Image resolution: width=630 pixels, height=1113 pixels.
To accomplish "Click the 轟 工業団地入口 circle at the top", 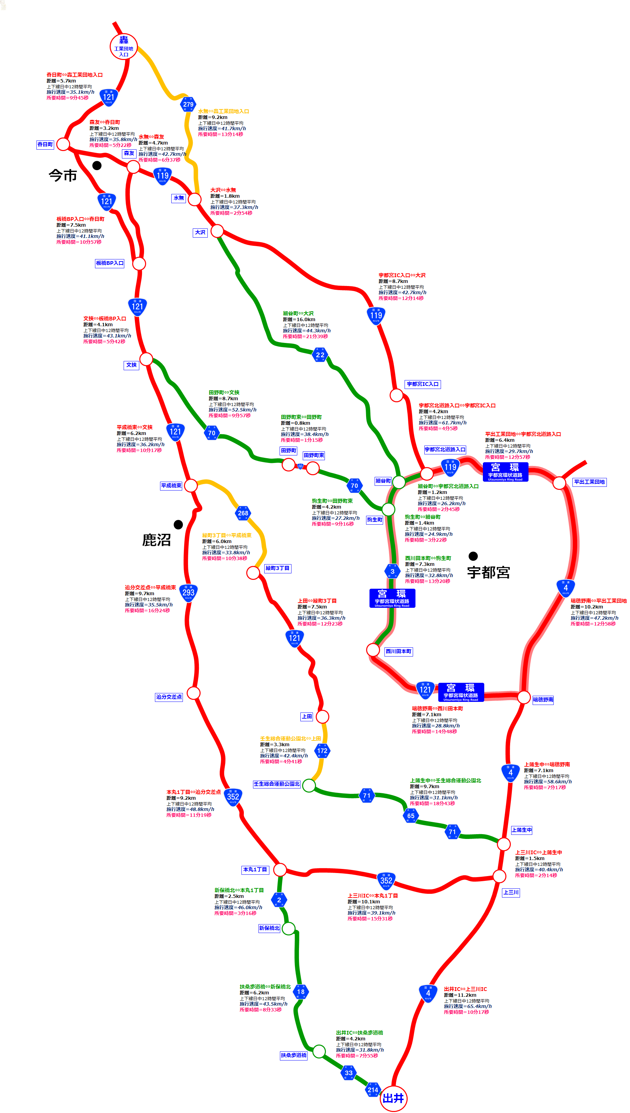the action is tap(124, 46).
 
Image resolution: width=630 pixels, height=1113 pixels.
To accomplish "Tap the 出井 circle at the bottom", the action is tap(393, 1098).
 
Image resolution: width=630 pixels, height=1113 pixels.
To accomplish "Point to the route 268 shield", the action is tap(243, 513).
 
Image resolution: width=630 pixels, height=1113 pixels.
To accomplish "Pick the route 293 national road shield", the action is tap(188, 592).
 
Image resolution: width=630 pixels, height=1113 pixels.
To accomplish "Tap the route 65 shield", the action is tap(411, 815).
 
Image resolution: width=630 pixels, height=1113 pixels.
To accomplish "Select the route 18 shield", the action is tap(301, 991).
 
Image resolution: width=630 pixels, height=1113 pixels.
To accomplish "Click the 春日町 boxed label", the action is tap(45, 144).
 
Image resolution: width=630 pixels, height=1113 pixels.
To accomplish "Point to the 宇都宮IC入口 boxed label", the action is tap(423, 384).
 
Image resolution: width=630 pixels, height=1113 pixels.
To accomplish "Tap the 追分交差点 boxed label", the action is tap(169, 697).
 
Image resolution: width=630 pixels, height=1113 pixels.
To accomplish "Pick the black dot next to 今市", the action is tap(97, 165).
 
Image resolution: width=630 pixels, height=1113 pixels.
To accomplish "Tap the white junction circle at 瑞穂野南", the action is tap(524, 697).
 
